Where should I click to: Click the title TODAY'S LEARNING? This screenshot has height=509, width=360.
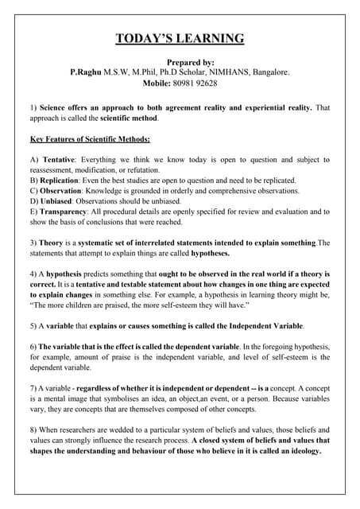tap(180, 39)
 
